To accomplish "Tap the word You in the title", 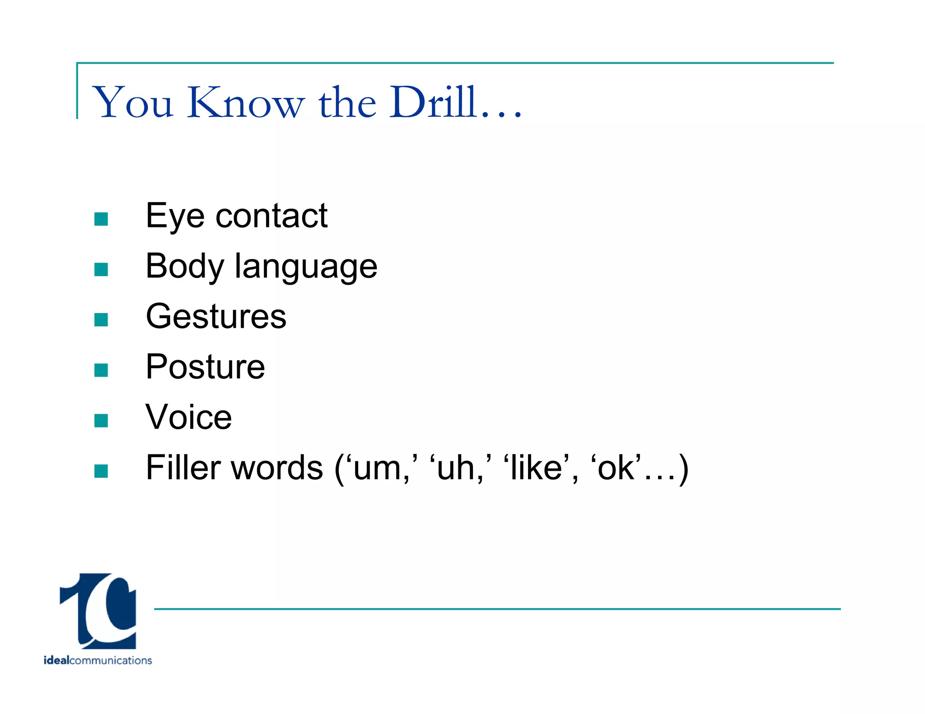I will click(x=133, y=103).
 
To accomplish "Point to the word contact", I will click(x=271, y=216).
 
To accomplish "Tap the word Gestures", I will click(x=216, y=316).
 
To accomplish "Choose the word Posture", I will click(x=205, y=367).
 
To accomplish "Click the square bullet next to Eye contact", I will click(x=101, y=219).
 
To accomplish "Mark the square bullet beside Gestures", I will click(x=101, y=320).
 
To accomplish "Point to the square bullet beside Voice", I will click(x=101, y=421).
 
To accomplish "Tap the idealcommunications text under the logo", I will click(x=98, y=660).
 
